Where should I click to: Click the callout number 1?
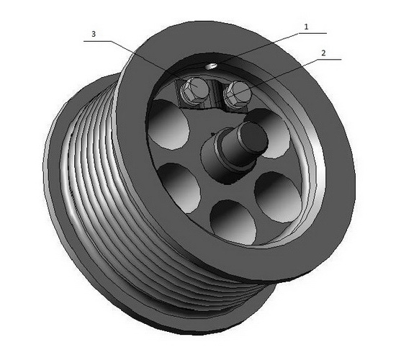(306, 27)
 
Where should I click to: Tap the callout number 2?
(323, 53)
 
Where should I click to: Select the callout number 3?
(94, 34)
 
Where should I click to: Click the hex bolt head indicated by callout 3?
(194, 86)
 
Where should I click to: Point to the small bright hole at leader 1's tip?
(211, 66)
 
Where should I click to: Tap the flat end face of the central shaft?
(254, 135)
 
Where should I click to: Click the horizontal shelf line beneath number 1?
(312, 33)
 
